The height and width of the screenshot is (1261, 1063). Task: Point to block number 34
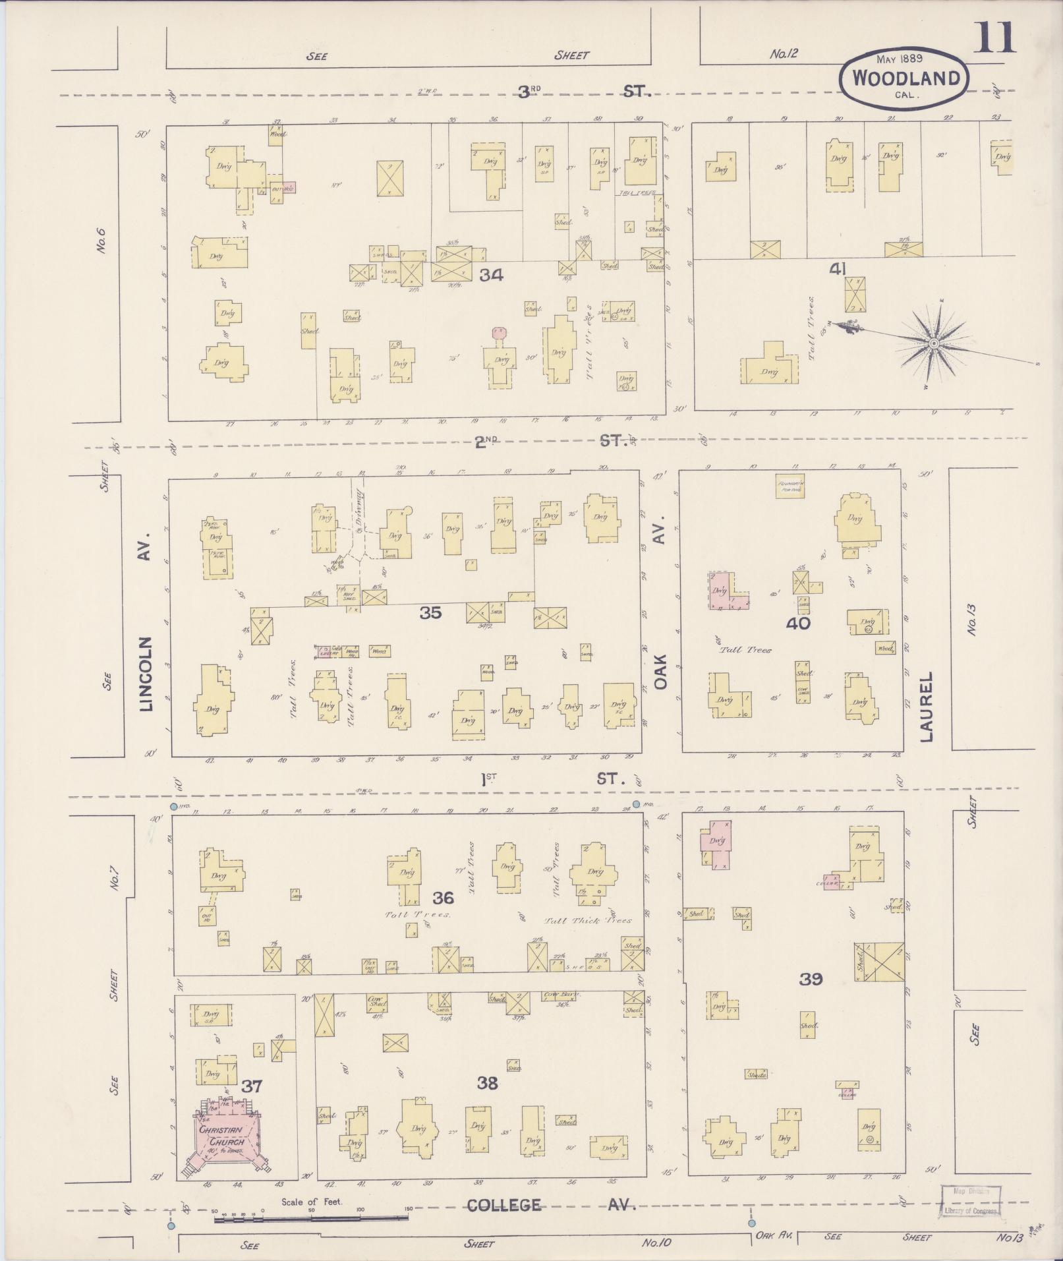click(x=491, y=276)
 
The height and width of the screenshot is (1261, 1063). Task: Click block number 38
click(x=487, y=1083)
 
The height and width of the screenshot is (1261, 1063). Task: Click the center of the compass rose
click(x=933, y=344)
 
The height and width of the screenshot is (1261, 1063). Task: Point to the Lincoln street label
click(x=146, y=673)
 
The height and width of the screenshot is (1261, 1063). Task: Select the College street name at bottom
click(x=504, y=1206)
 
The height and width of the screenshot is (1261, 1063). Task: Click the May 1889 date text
click(x=899, y=59)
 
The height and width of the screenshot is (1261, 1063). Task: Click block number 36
click(x=443, y=898)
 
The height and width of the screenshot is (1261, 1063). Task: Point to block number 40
click(x=798, y=623)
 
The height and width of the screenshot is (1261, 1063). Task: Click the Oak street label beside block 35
click(x=661, y=672)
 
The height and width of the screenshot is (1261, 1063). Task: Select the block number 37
click(x=252, y=1086)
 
